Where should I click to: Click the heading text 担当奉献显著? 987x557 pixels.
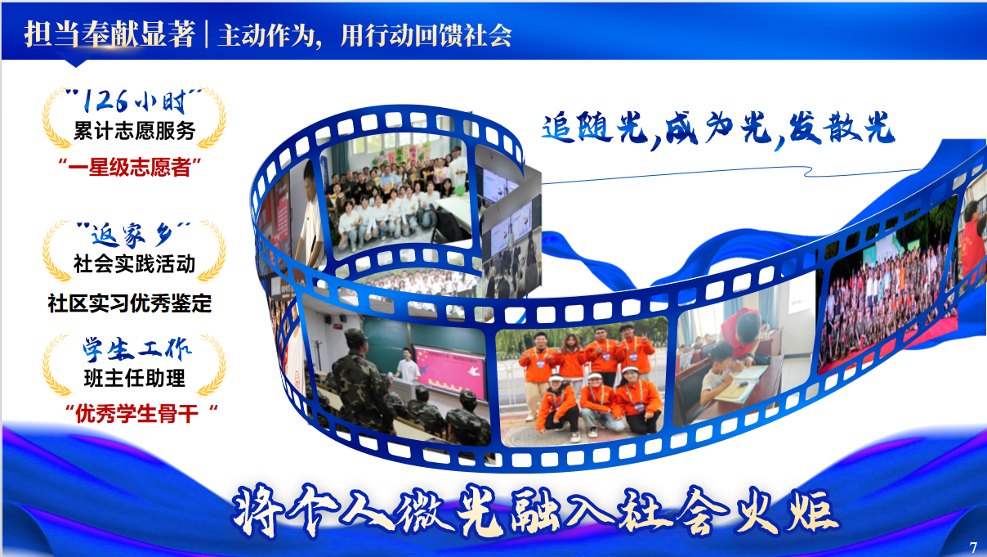[109, 34]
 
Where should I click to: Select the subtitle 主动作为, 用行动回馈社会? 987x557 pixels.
[365, 35]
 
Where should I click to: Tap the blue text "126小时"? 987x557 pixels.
[134, 101]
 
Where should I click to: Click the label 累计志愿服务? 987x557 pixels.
[134, 131]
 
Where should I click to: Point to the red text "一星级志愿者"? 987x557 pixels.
[130, 167]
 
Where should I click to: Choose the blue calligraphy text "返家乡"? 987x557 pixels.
[133, 235]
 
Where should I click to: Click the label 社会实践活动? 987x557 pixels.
[134, 263]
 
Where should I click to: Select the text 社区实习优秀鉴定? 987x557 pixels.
[130, 303]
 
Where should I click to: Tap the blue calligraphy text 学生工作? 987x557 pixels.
[137, 349]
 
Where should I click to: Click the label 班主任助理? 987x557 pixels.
[134, 378]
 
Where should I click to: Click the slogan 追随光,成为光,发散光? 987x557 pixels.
[718, 128]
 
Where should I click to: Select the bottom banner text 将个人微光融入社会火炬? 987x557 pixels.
[535, 511]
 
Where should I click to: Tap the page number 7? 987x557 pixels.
[973, 547]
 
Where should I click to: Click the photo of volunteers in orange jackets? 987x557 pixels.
[583, 382]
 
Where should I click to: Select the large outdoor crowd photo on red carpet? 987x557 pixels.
[889, 294]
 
